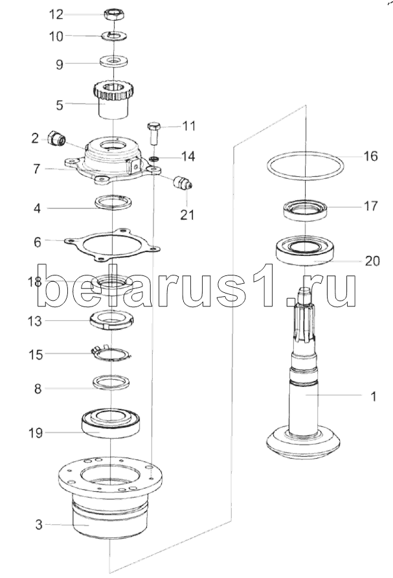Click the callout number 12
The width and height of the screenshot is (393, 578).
coord(57,14)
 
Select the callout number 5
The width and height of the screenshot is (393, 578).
coord(60,103)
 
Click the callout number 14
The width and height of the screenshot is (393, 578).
coord(188,156)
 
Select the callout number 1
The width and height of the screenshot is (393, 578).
coord(372,397)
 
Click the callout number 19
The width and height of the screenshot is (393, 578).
coord(36,432)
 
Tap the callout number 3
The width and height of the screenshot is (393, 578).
coord(39,524)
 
